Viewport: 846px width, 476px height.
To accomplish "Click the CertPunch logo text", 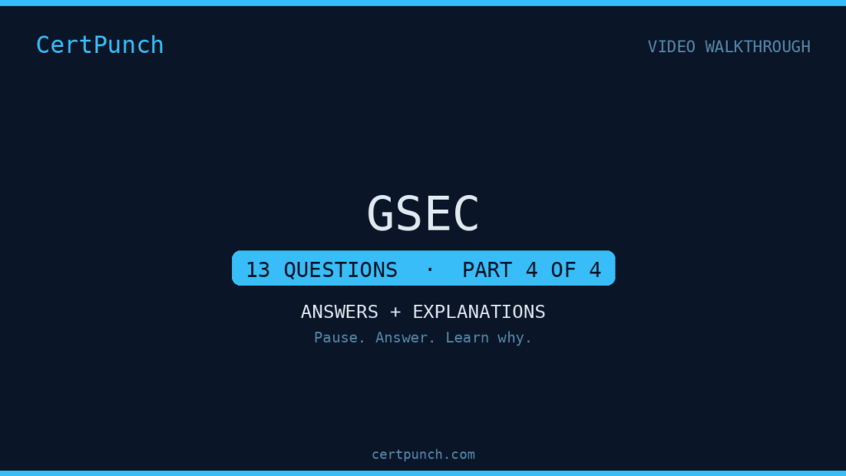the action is tap(100, 45).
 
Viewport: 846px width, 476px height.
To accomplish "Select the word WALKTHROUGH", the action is tap(758, 47).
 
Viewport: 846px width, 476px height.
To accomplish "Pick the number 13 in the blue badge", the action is tap(258, 270).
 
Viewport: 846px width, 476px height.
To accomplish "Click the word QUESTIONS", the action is tap(340, 270).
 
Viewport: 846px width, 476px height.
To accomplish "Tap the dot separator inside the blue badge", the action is tap(430, 269).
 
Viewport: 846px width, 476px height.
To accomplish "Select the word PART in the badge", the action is tap(487, 270).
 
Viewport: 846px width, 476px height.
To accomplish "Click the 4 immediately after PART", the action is tap(532, 270).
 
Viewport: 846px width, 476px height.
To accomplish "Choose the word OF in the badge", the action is tap(563, 270).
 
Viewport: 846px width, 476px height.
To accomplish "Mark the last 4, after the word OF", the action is tap(595, 270).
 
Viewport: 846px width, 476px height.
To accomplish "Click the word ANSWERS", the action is tap(340, 312).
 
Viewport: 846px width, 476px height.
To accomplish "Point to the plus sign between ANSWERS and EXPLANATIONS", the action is tap(396, 312).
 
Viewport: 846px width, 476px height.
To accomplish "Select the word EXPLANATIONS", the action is tap(479, 312).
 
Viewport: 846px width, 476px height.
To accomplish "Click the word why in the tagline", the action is tap(515, 339).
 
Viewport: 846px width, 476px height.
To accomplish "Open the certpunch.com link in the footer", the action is tap(424, 455).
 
